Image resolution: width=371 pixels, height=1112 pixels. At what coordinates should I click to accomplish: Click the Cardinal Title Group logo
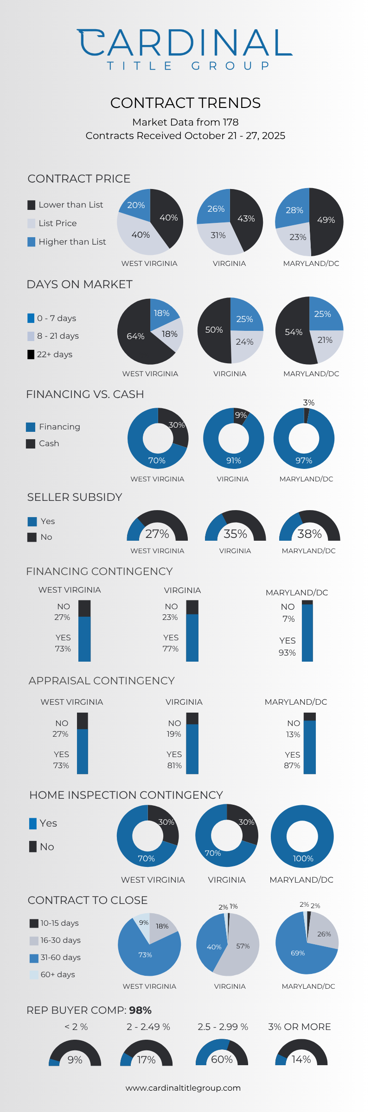[185, 49]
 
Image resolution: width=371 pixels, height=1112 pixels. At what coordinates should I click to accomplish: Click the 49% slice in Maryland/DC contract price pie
[326, 220]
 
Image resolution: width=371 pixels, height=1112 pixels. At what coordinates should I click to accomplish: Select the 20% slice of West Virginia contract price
[136, 205]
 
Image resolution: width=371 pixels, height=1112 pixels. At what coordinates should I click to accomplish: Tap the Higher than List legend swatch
[32, 242]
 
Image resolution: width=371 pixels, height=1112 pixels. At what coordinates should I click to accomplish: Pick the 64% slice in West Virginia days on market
[135, 336]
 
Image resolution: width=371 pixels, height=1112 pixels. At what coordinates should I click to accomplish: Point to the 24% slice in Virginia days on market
[244, 342]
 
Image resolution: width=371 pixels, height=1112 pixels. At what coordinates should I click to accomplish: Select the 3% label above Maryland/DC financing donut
[309, 403]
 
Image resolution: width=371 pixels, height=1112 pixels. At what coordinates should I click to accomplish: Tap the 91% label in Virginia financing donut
[234, 461]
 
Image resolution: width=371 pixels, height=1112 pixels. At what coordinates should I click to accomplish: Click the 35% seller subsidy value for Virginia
[236, 534]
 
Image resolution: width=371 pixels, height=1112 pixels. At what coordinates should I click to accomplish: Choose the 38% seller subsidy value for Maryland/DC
[309, 534]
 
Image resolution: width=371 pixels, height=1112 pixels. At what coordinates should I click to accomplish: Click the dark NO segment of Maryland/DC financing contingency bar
[307, 602]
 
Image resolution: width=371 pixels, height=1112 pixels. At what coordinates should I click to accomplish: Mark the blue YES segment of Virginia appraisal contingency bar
[192, 749]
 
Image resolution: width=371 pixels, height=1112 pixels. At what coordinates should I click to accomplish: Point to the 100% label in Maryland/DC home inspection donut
[303, 859]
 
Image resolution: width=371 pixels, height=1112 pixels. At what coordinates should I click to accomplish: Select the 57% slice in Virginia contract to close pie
[243, 946]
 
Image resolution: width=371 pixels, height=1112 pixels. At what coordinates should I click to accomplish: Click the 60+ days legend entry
[52, 974]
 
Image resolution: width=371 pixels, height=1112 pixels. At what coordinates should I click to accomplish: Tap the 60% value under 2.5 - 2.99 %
[222, 1060]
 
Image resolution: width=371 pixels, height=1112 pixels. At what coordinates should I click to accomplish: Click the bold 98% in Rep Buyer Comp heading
[141, 1011]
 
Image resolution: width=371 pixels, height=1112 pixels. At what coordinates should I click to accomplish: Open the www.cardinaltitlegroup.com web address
[183, 1088]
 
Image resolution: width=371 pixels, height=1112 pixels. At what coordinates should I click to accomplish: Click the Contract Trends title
[185, 103]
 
